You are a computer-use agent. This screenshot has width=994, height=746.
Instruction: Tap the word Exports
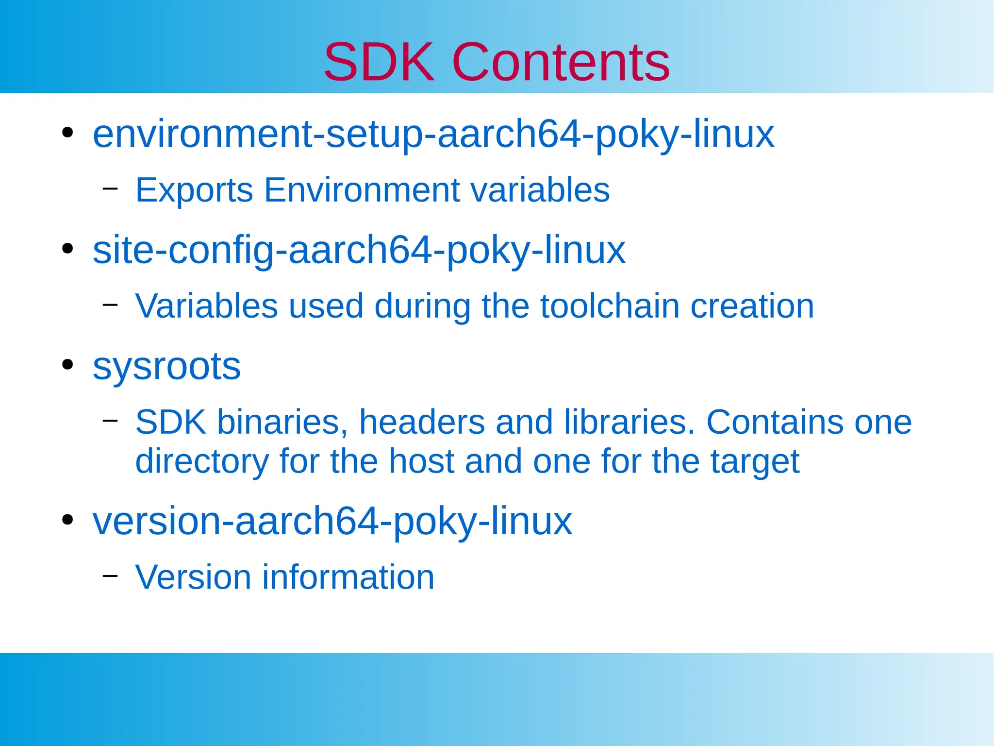pos(194,190)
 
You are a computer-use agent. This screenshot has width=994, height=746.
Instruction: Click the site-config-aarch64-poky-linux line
pos(359,250)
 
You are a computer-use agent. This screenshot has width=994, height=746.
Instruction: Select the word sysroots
pos(166,366)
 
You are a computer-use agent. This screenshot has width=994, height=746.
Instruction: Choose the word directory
pos(202,461)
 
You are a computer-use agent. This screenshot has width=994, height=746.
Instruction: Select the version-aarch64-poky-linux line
pos(332,521)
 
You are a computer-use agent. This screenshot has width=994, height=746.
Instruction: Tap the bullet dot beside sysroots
pos(67,365)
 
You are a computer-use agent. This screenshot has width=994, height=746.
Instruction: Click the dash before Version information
pos(110,576)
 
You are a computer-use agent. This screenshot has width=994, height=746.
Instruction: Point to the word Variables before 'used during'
pos(206,306)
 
